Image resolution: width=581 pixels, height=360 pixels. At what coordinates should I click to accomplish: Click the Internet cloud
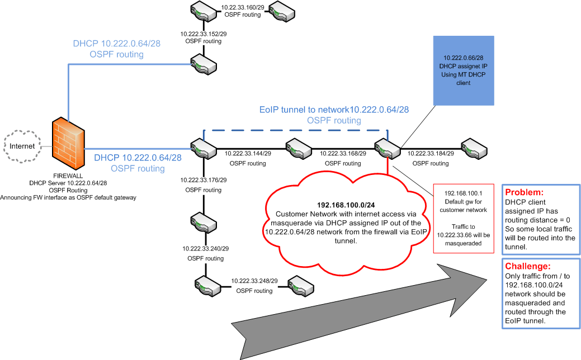click(x=24, y=146)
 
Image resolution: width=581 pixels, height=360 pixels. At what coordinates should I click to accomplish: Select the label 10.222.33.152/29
click(x=203, y=34)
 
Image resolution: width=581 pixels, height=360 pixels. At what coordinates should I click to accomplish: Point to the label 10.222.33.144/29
click(x=248, y=153)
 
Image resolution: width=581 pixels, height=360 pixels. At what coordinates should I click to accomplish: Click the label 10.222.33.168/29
click(x=343, y=153)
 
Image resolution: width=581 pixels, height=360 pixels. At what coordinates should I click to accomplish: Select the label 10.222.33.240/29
click(x=205, y=248)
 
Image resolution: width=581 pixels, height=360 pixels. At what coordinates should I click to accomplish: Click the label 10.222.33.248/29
click(x=254, y=281)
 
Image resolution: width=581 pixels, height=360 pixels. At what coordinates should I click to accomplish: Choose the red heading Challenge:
click(x=525, y=267)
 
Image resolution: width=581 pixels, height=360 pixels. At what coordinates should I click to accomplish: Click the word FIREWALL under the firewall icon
click(x=68, y=175)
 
